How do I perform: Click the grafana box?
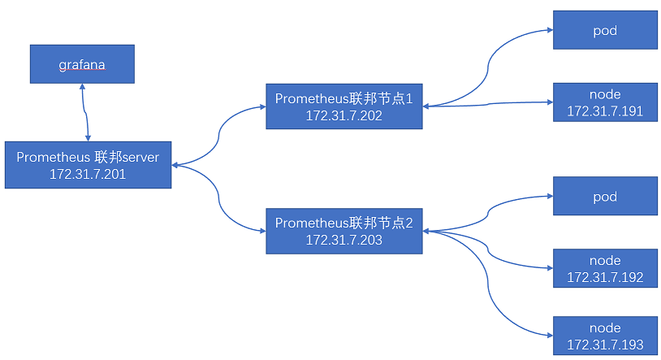click(x=82, y=64)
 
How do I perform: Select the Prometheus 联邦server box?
click(x=88, y=165)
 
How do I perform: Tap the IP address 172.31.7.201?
click(x=88, y=174)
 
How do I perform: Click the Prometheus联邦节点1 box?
click(x=343, y=106)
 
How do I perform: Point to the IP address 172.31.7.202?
click(x=343, y=115)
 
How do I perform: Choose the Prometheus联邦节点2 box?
click(x=343, y=231)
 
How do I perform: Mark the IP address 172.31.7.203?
click(x=343, y=240)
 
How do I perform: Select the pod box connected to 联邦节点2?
click(x=605, y=197)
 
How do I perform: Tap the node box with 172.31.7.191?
click(x=605, y=103)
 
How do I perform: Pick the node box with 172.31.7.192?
click(x=605, y=269)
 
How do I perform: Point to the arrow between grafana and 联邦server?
click(x=84, y=111)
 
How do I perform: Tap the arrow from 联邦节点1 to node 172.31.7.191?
click(x=487, y=104)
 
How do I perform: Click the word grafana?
click(x=82, y=64)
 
